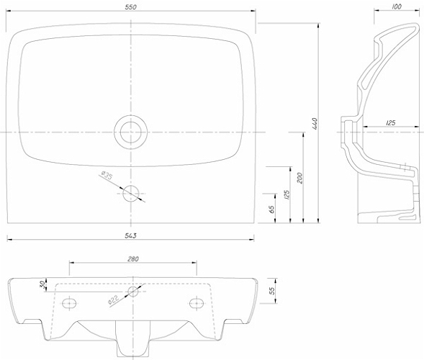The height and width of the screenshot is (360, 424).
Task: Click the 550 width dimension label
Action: point(130,7)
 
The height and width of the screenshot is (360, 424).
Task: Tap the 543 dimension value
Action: point(130,236)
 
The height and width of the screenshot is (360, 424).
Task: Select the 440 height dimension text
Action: point(314,123)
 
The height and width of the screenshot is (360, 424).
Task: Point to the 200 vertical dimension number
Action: point(300,178)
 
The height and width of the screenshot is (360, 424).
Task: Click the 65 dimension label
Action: point(272,209)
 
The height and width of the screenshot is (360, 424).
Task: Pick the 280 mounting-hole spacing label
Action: point(132,259)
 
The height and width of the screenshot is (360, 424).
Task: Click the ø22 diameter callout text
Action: point(113,300)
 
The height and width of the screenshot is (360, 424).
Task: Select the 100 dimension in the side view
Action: point(397,6)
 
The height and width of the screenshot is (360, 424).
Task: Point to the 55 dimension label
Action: point(272,290)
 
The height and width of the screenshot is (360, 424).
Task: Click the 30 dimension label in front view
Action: point(42,284)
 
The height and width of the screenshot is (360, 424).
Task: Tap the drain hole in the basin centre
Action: point(131,132)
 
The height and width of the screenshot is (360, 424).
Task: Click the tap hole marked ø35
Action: point(131,194)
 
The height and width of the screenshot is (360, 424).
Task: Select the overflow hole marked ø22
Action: point(132,292)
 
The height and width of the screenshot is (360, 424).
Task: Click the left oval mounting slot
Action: point(69,303)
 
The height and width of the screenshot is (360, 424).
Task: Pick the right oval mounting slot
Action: point(197,303)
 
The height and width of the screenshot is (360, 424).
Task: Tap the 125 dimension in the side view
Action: point(390,122)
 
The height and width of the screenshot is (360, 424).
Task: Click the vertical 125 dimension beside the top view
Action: point(287,194)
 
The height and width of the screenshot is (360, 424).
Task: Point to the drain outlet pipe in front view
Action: point(133,338)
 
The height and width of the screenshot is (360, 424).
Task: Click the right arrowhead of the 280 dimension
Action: point(194,262)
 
